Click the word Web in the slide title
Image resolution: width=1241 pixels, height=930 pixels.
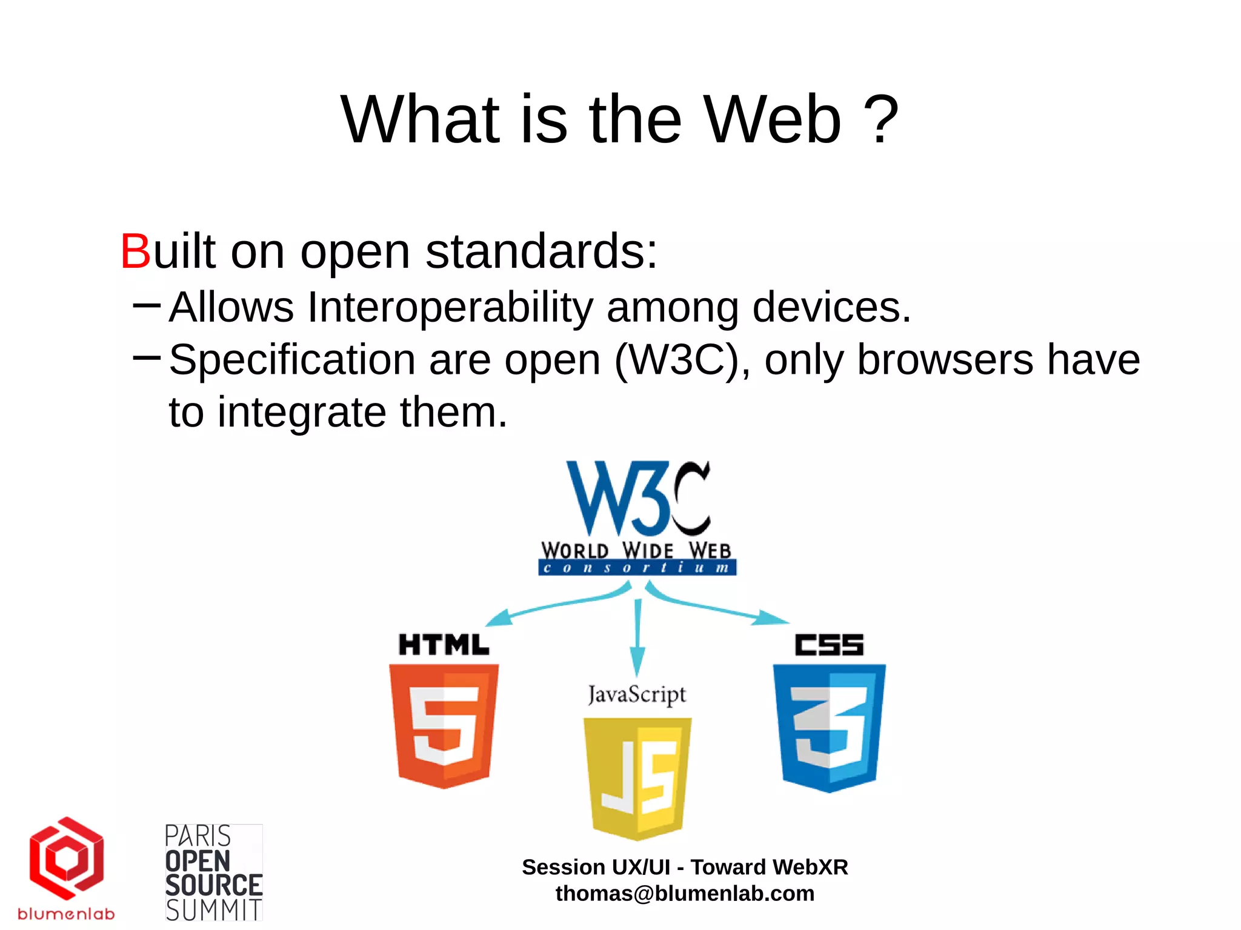tap(773, 120)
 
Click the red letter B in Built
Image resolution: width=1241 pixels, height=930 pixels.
tap(135, 251)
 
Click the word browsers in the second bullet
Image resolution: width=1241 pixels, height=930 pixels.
tap(945, 360)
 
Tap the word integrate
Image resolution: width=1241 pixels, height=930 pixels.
tap(301, 413)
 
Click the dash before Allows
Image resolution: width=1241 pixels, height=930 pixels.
tap(147, 305)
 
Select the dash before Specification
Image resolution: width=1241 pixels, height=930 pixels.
tap(147, 357)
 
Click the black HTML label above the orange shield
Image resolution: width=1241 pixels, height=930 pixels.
tap(444, 645)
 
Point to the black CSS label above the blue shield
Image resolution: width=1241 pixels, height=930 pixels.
tap(829, 645)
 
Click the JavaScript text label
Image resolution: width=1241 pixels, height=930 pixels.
tap(637, 694)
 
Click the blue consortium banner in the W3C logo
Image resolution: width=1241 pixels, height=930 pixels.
tap(637, 568)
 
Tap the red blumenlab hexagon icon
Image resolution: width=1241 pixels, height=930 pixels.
tap(67, 858)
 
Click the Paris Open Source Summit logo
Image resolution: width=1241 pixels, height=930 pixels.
tap(213, 872)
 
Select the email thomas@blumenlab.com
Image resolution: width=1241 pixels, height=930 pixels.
tap(685, 894)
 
